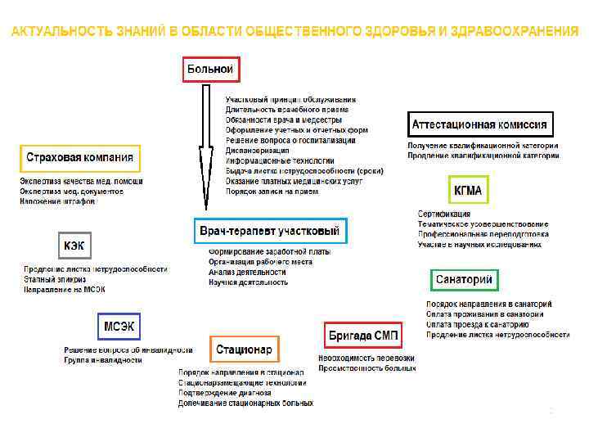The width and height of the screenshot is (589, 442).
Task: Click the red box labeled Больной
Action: (210, 70)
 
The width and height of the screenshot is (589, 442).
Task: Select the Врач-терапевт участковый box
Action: (270, 231)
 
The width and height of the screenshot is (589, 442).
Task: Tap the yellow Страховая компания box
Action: (79, 158)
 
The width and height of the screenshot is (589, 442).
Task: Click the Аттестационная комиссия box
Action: (479, 125)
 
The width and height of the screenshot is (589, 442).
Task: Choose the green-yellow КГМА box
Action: (468, 190)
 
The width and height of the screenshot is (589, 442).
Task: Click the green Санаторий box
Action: (463, 280)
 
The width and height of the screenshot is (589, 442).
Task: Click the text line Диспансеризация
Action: (258, 151)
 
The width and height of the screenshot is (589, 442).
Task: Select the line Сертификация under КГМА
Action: (446, 214)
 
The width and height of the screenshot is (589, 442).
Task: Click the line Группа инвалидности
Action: (104, 361)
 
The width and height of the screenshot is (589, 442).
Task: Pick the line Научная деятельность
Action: (248, 282)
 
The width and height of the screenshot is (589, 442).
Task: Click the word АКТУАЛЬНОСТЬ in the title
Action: (61, 31)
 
